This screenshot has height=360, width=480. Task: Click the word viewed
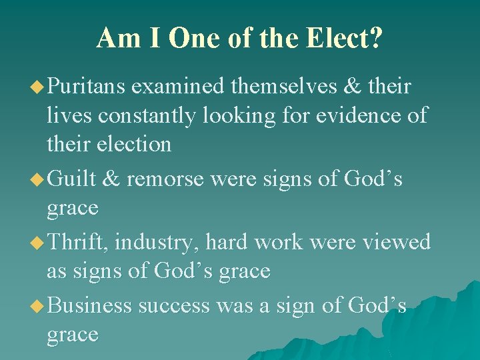click(x=396, y=241)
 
